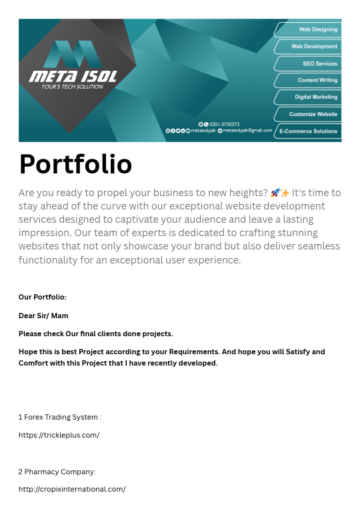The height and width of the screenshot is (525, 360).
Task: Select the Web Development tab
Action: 313,47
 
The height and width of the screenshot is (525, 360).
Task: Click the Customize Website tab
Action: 313,114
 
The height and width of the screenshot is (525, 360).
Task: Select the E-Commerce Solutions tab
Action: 308,131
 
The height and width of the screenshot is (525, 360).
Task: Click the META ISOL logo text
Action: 73,77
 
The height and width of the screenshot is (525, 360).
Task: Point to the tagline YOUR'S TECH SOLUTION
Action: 72,87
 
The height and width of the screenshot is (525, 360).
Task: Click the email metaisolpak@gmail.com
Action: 247,131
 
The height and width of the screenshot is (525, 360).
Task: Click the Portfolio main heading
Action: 75,164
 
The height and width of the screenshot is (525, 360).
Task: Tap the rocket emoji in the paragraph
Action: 275,193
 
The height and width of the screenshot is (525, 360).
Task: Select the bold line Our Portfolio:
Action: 43,298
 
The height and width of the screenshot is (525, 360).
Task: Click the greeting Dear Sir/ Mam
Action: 43,316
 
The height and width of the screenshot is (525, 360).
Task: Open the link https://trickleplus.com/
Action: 59,435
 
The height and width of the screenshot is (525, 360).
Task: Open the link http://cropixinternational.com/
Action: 72,489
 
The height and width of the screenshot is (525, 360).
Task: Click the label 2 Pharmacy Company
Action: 57,472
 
